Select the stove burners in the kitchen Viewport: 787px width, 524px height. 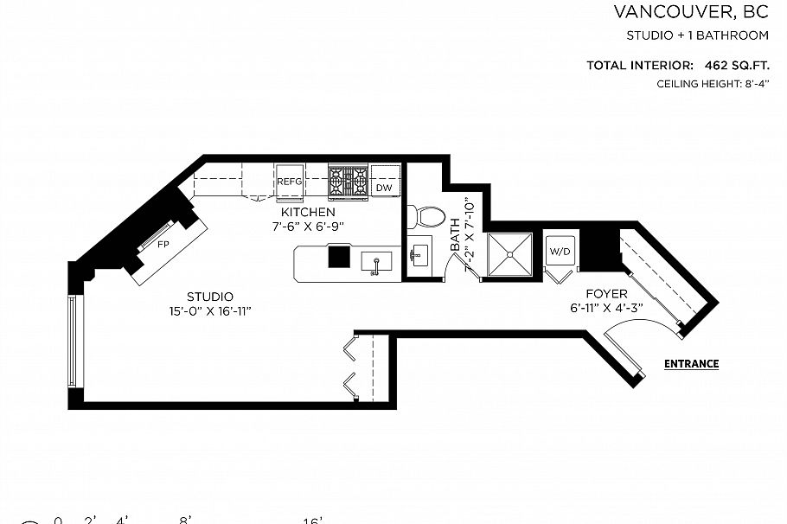[x=349, y=182]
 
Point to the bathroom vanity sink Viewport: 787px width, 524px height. [x=419, y=254]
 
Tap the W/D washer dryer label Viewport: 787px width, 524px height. [x=560, y=252]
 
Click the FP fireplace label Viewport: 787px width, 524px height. [x=162, y=245]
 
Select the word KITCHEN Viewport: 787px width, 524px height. [x=307, y=212]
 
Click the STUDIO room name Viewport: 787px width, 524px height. [x=210, y=297]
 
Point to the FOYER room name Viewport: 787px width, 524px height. [x=605, y=294]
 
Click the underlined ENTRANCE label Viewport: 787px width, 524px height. [x=691, y=364]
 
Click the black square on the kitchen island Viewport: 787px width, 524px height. [x=338, y=258]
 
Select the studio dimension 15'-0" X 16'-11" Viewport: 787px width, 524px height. [x=210, y=311]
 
